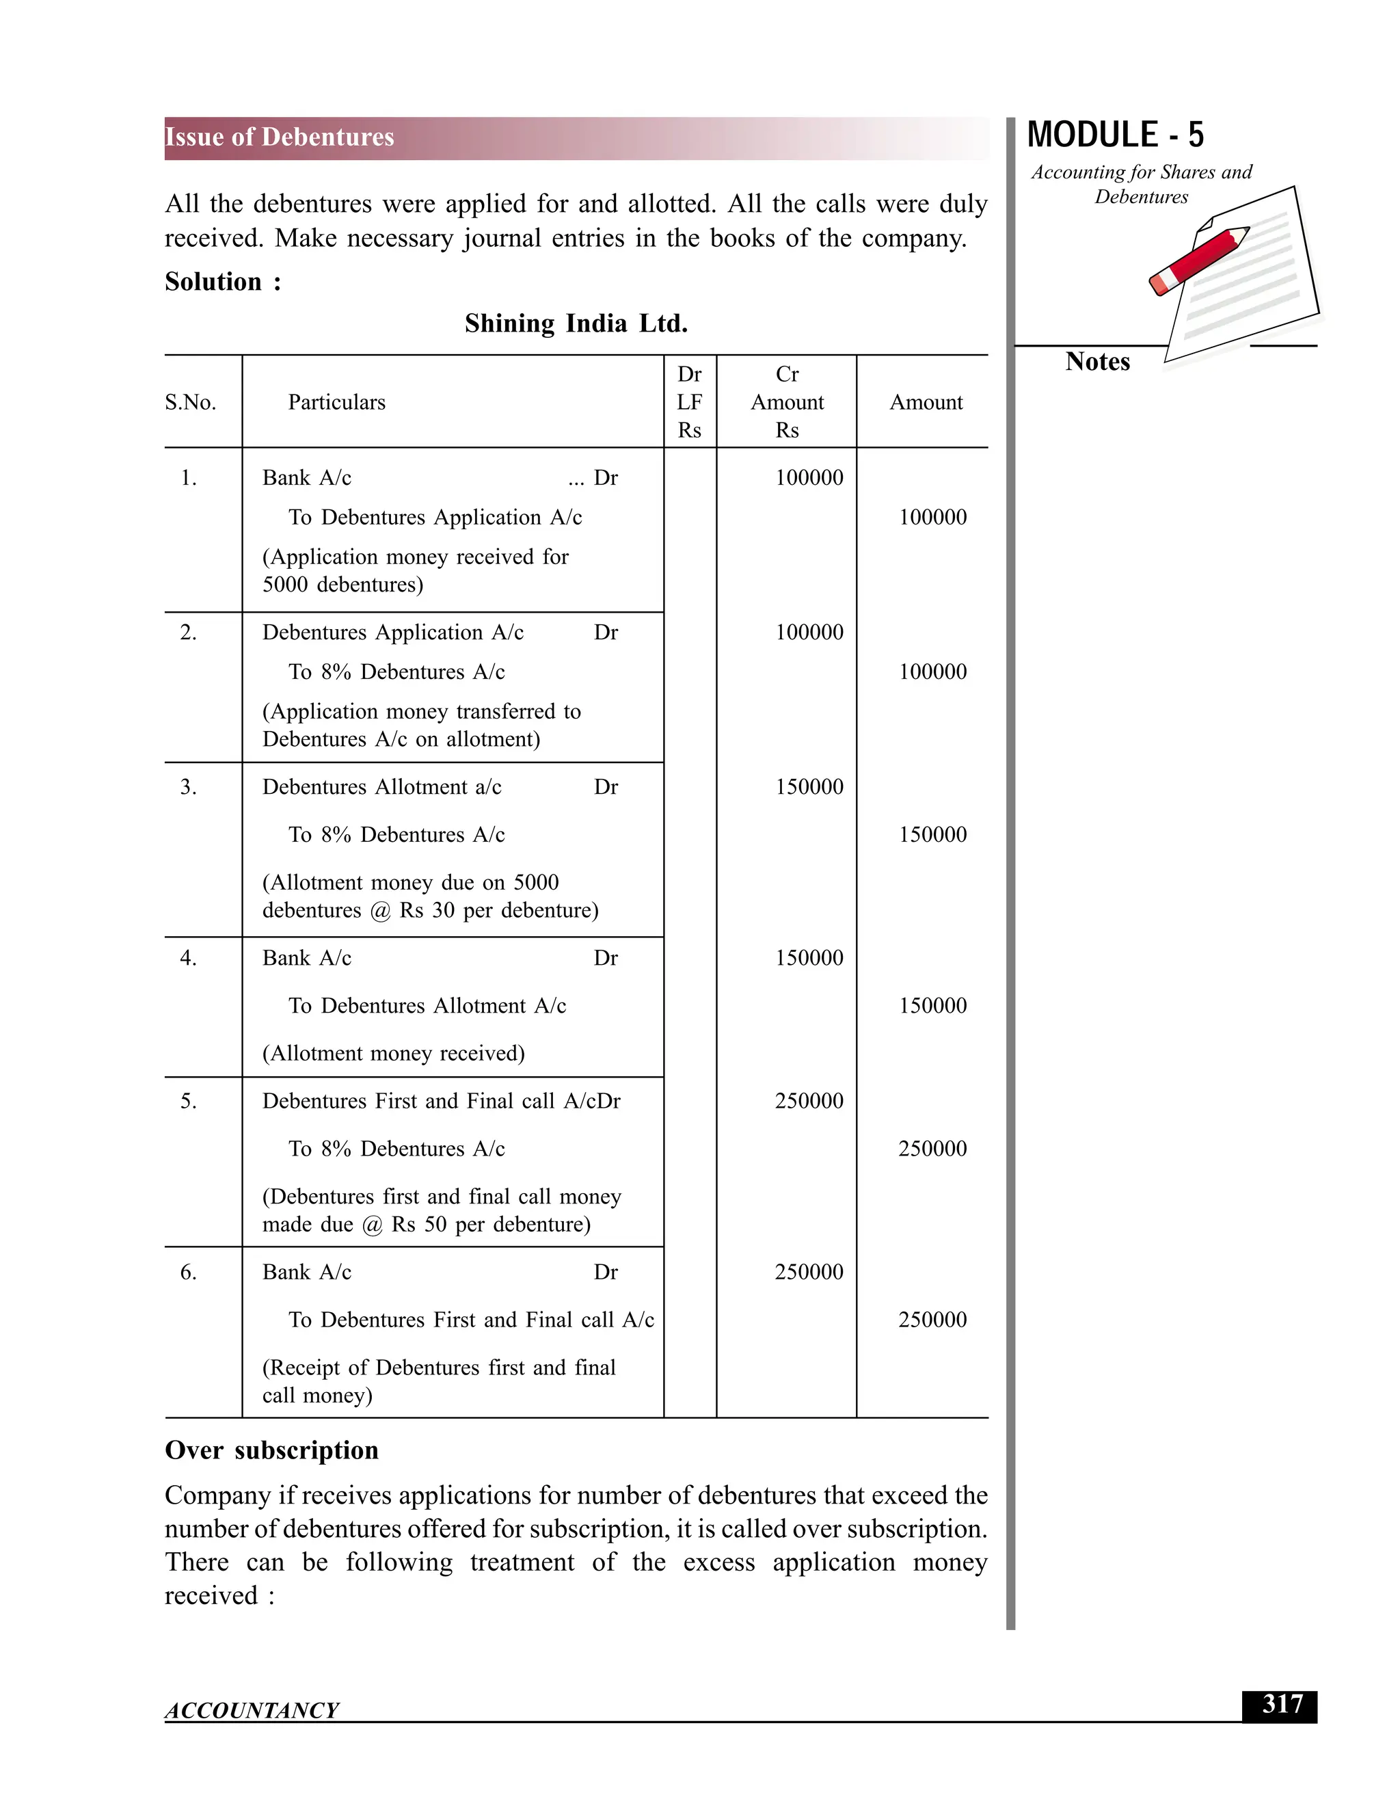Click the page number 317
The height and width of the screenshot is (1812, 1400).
pyautogui.click(x=1282, y=1705)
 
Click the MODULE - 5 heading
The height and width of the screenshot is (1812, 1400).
pyautogui.click(x=1115, y=135)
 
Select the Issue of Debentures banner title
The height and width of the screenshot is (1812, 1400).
pyautogui.click(x=280, y=137)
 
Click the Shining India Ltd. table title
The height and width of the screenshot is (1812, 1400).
pyautogui.click(x=576, y=323)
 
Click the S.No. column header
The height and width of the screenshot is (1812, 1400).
pyautogui.click(x=190, y=402)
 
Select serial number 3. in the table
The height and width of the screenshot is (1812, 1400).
pyautogui.click(x=188, y=786)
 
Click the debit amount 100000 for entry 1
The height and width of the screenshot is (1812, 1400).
pyautogui.click(x=809, y=478)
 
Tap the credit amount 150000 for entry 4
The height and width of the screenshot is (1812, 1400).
pyautogui.click(x=932, y=1006)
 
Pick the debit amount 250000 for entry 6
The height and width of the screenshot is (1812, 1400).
pyautogui.click(x=809, y=1272)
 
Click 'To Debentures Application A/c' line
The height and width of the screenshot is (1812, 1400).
pyautogui.click(x=435, y=518)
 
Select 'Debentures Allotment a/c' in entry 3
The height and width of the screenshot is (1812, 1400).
pyautogui.click(x=381, y=786)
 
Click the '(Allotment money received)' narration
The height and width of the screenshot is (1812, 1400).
pyautogui.click(x=393, y=1054)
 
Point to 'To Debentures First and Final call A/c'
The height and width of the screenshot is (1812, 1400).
pyautogui.click(x=470, y=1320)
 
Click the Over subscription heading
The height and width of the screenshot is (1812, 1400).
pyautogui.click(x=271, y=1450)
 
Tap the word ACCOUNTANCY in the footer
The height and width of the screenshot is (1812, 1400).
pyautogui.click(x=252, y=1711)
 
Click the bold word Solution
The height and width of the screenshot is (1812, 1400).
pyautogui.click(x=213, y=282)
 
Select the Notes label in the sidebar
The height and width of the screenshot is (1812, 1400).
pyautogui.click(x=1097, y=362)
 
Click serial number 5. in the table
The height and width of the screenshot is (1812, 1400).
pyautogui.click(x=188, y=1101)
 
